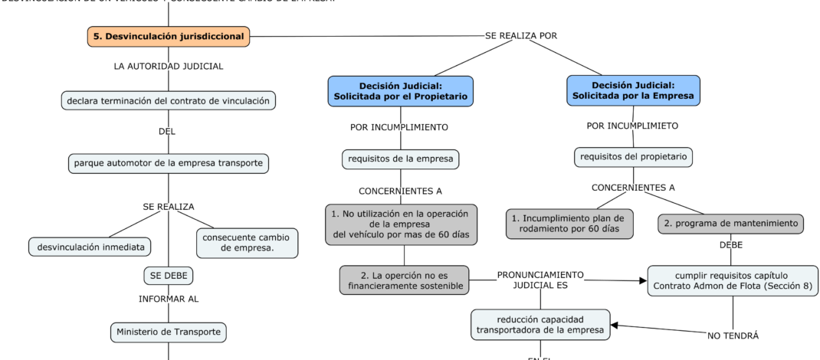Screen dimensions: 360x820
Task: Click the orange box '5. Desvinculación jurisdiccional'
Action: tap(169, 36)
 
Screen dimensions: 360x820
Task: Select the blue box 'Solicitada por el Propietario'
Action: tap(400, 91)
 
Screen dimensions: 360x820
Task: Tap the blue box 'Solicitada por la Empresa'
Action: tap(633, 90)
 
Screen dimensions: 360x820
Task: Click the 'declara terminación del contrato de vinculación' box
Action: tap(168, 100)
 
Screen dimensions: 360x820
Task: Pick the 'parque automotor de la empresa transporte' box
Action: tap(168, 162)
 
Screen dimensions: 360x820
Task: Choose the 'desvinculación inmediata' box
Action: tap(90, 247)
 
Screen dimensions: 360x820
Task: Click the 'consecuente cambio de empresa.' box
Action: tap(247, 242)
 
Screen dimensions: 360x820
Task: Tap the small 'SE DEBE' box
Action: tap(168, 275)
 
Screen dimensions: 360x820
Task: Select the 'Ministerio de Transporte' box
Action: tap(168, 332)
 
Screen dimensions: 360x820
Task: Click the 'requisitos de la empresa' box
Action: tap(400, 159)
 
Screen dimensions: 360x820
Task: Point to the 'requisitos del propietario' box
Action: tap(634, 157)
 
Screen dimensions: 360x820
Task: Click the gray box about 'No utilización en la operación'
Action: tap(401, 224)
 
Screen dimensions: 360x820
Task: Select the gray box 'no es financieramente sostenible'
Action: tap(405, 280)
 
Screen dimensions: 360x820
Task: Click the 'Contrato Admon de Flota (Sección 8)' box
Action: tap(733, 280)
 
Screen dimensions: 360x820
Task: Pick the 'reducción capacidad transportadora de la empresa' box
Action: tap(540, 324)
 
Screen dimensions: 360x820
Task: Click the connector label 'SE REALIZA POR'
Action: tap(521, 36)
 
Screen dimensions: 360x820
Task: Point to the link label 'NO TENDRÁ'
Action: tap(733, 335)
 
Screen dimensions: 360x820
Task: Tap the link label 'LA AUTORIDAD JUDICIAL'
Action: tap(168, 67)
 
